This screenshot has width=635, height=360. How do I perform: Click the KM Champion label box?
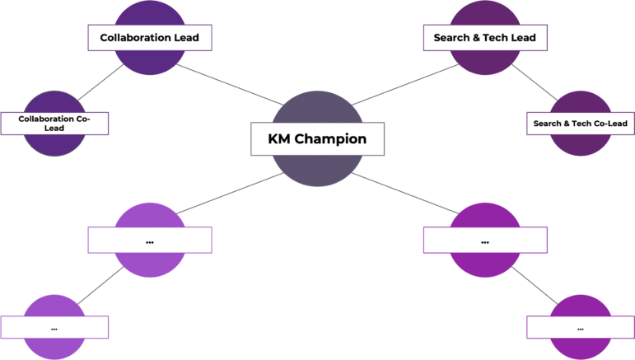pyautogui.click(x=317, y=138)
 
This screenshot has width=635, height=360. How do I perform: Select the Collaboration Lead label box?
pyautogui.click(x=149, y=37)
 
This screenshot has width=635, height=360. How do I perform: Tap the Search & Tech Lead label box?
pyautogui.click(x=484, y=37)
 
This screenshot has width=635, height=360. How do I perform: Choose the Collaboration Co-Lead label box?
pyautogui.click(x=54, y=124)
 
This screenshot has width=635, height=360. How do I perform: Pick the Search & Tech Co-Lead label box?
pyautogui.click(x=580, y=124)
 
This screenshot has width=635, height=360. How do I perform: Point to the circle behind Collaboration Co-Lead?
pyautogui.click(x=54, y=145)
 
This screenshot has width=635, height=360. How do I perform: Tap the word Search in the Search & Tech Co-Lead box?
pyautogui.click(x=548, y=124)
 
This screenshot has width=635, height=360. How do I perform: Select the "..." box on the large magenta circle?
pyautogui.click(x=484, y=241)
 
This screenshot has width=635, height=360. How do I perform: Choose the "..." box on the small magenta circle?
pyautogui.click(x=580, y=327)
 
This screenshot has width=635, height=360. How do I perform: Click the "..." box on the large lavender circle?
pyautogui.click(x=149, y=241)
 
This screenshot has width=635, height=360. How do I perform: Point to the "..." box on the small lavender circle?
pyautogui.click(x=54, y=327)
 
